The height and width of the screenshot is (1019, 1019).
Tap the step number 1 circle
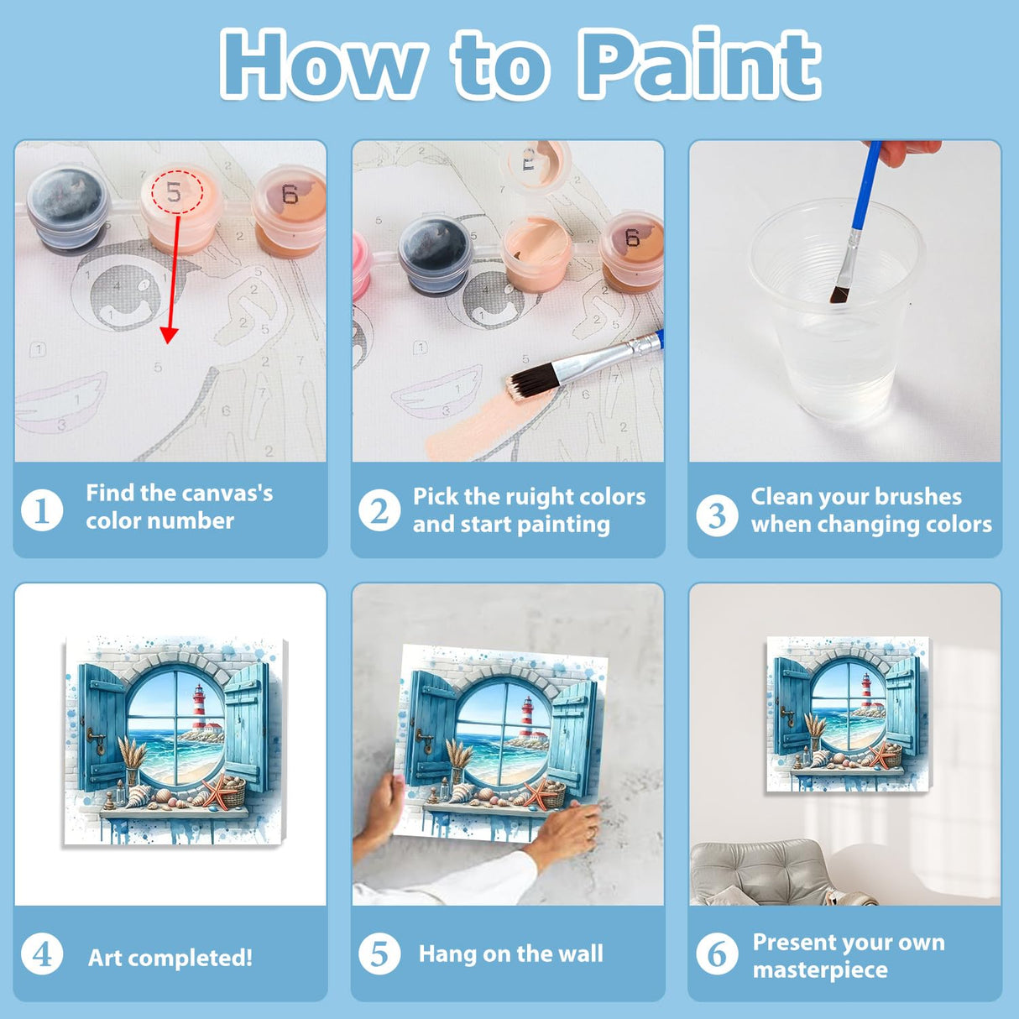(42, 509)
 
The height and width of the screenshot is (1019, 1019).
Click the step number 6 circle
(717, 954)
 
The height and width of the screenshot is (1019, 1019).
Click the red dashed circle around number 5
(177, 192)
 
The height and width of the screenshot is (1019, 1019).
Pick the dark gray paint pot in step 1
(67, 208)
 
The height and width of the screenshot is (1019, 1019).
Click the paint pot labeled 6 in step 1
(290, 210)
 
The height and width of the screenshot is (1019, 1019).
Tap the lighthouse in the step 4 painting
(199, 708)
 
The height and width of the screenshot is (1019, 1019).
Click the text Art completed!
(170, 958)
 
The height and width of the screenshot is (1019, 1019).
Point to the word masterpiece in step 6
(819, 969)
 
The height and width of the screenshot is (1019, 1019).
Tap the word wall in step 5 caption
(582, 954)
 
